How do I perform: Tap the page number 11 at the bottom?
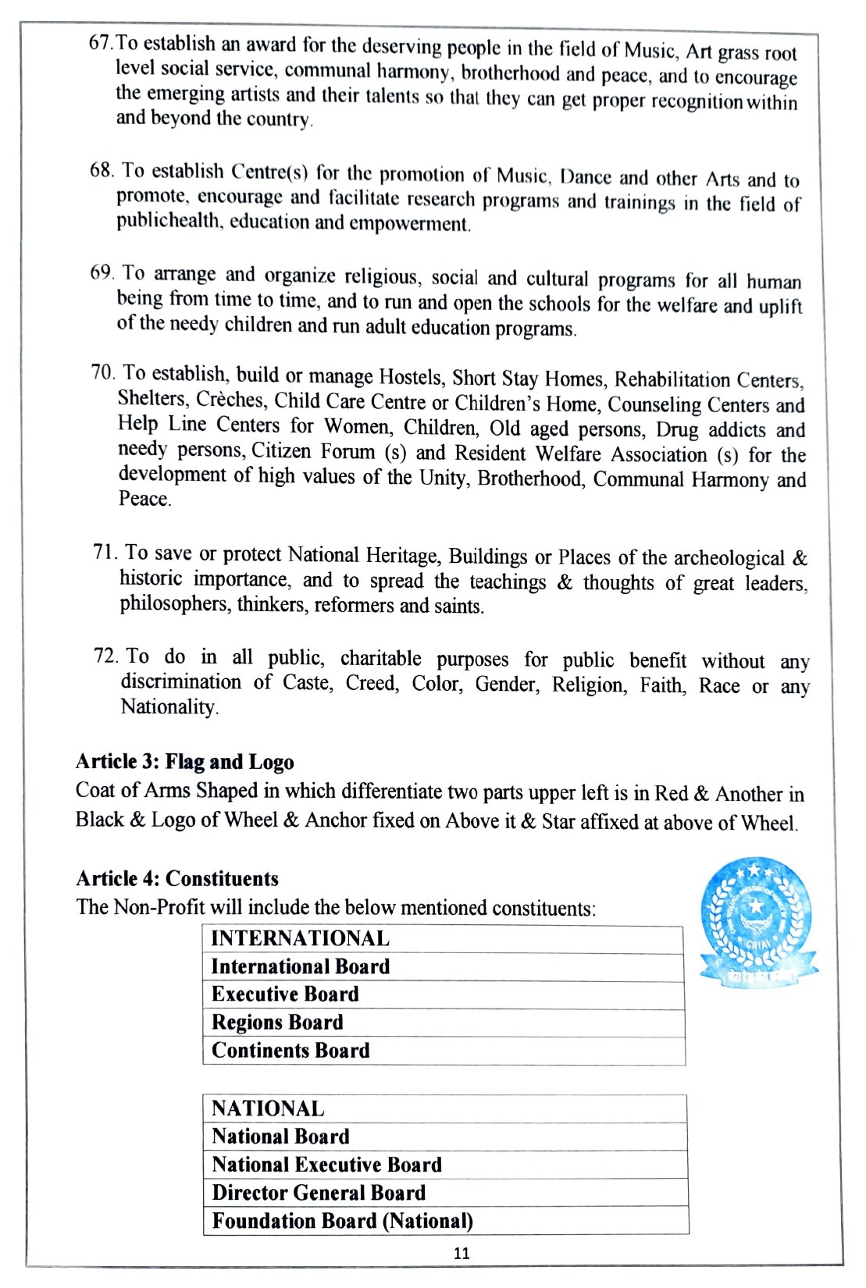462,1253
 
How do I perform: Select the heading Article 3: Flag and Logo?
185,762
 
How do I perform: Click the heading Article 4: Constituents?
177,878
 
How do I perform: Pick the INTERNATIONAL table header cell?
443,938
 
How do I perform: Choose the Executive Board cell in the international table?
443,994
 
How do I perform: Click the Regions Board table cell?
443,1023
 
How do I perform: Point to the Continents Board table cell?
443,1051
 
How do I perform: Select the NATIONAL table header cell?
444,1108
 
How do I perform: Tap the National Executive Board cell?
444,1165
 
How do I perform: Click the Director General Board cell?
444,1193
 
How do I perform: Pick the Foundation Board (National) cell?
444,1221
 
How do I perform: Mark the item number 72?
105,656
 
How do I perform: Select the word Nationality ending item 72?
168,707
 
